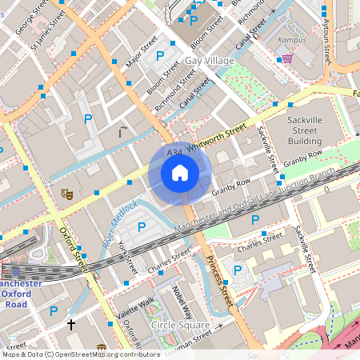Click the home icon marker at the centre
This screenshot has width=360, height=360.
pos(179,173)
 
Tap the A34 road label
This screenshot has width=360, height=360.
pos(174,151)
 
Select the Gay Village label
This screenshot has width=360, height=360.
pos(210,61)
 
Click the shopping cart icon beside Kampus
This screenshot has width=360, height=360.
pos(286,58)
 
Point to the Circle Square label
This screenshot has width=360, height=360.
pos(180,326)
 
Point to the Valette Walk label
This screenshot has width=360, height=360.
pos(135,309)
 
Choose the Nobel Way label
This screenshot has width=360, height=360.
pos(182,302)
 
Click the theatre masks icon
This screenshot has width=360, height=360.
pos(68,194)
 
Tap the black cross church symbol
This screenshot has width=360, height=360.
pos(70,325)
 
